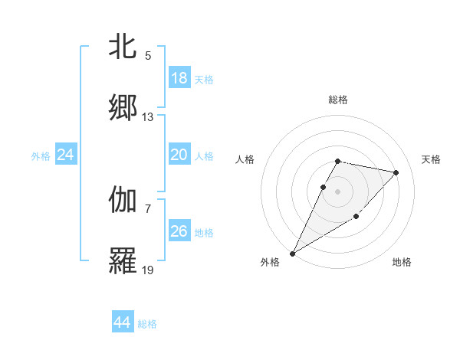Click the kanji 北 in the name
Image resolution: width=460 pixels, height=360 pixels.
[123, 47]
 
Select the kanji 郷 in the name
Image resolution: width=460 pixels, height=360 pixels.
[123, 108]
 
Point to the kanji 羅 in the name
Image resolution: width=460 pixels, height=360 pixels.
[123, 261]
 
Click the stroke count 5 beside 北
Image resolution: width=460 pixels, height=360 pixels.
[148, 56]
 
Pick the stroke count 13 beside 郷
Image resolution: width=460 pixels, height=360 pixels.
[148, 117]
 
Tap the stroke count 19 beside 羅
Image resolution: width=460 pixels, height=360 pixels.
[148, 270]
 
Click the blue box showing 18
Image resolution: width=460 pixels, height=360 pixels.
[179, 78]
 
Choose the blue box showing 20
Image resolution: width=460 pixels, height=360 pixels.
[179, 155]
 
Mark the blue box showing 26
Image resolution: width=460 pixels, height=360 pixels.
[179, 231]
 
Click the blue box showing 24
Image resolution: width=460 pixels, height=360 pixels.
[65, 155]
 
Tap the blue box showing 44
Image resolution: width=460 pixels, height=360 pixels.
[122, 322]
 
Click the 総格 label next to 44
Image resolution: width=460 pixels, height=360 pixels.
[147, 324]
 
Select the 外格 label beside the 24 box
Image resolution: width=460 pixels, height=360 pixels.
[41, 156]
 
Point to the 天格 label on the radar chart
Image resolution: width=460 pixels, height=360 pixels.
[431, 159]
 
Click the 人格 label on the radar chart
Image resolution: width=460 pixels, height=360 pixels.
[245, 159]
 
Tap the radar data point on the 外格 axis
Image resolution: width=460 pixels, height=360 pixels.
[292, 254]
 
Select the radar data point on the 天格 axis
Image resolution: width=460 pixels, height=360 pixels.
[396, 172]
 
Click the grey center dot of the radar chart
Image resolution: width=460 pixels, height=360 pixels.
[337, 191]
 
